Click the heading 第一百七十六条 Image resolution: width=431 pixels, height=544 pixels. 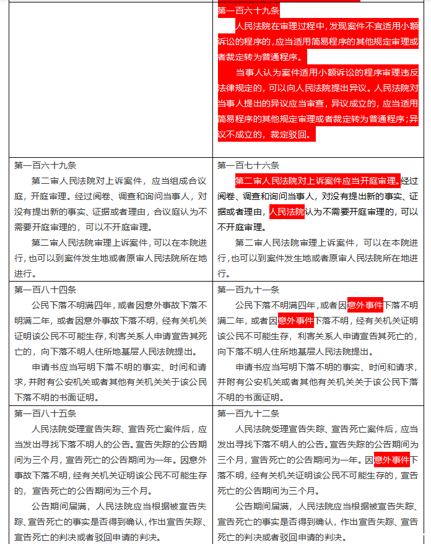[248, 165]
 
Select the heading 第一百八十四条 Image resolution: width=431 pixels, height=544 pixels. [45, 289]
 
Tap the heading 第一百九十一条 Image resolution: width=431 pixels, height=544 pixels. [248, 289]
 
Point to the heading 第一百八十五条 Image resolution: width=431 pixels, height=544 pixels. [45, 413]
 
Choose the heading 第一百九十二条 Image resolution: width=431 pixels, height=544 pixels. [248, 413]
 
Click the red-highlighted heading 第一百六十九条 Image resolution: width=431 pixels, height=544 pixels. [248, 11]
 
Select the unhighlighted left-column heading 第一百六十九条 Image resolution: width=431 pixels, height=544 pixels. [45, 165]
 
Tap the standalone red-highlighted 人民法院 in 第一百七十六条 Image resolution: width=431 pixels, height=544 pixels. [287, 212]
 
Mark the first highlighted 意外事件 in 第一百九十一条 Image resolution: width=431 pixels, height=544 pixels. [365, 304]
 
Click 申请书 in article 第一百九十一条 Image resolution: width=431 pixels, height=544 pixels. [248, 366]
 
